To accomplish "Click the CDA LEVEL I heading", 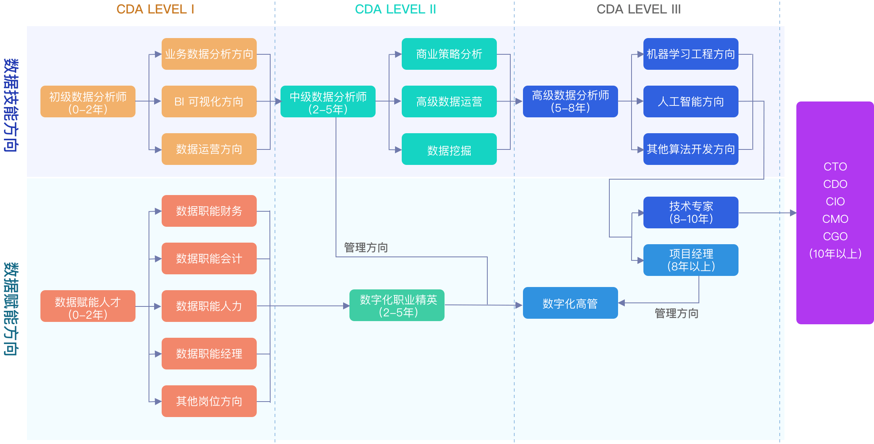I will (155, 9).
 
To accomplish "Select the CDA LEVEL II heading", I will (395, 9).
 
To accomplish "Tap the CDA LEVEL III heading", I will (638, 9).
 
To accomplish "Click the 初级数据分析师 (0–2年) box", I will (88, 101).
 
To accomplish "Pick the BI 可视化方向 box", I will (209, 101).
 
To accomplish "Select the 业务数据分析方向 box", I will (209, 54).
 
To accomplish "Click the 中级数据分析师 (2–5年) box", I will (328, 101).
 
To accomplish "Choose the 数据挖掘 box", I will (449, 149).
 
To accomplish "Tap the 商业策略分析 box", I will (449, 54).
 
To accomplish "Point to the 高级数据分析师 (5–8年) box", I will (570, 101).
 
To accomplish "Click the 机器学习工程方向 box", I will (691, 54).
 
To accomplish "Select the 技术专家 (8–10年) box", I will (691, 212).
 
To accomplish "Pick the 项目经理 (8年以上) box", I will (691, 260).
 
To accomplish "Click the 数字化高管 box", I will (570, 303).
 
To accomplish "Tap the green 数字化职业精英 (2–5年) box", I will (397, 305).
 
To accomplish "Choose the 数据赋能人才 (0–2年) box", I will (88, 306).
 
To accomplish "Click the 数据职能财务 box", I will (209, 211).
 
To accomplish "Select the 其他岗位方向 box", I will (209, 401).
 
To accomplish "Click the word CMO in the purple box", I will (835, 219).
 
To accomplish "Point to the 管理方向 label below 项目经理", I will (676, 314).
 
